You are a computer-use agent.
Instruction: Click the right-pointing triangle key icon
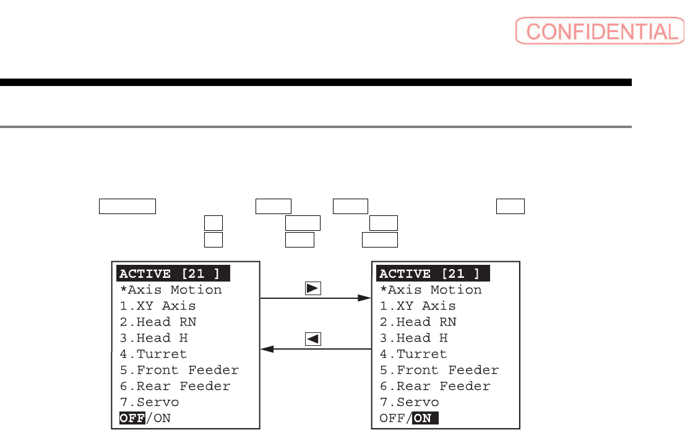tap(312, 288)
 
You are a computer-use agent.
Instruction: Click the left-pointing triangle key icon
tap(312, 338)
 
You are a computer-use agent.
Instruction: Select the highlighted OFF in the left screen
tap(132, 418)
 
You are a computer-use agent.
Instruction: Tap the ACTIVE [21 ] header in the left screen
tap(173, 273)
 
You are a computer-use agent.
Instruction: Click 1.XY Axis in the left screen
tap(158, 306)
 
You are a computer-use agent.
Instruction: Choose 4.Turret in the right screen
tap(413, 354)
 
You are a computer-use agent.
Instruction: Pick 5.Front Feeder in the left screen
tap(179, 370)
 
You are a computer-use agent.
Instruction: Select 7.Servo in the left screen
tap(149, 402)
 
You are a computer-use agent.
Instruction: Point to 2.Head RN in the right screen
tap(418, 322)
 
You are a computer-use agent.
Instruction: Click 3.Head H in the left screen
tap(153, 338)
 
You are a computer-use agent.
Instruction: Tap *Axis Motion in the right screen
tap(431, 290)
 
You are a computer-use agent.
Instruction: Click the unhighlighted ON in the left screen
tap(162, 418)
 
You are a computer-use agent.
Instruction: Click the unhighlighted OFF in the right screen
tap(392, 418)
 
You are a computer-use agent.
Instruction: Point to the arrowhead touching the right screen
tap(364, 298)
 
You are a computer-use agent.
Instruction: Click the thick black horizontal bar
tap(316, 82)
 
